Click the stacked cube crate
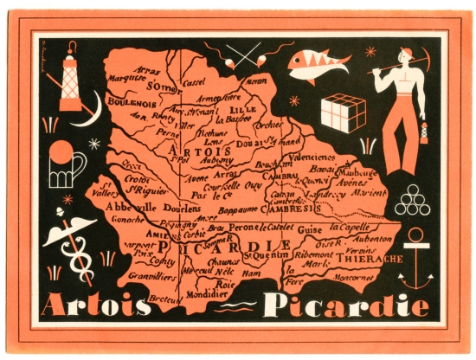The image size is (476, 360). coord(343,113)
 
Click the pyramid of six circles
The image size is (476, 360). coord(412,202)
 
